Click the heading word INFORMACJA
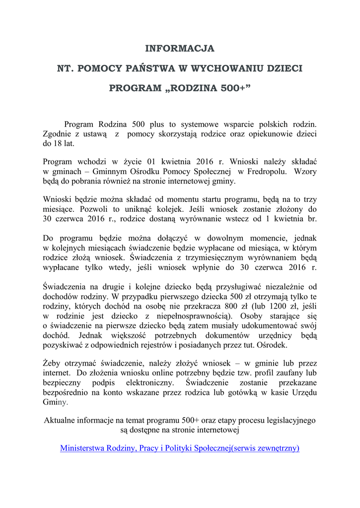coord(180,49)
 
